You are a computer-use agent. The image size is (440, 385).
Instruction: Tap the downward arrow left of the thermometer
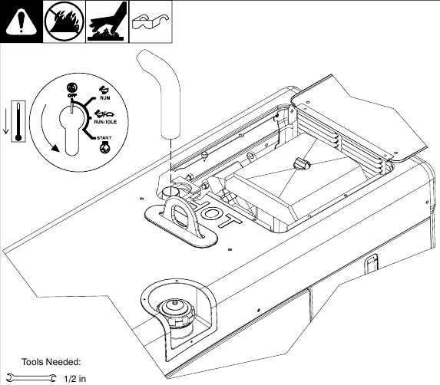6,123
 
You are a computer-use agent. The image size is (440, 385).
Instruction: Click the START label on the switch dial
104,139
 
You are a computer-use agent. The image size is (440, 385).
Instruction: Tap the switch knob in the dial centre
71,123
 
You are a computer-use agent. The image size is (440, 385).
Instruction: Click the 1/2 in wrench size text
74,378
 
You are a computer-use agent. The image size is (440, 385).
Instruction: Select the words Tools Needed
51,362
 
